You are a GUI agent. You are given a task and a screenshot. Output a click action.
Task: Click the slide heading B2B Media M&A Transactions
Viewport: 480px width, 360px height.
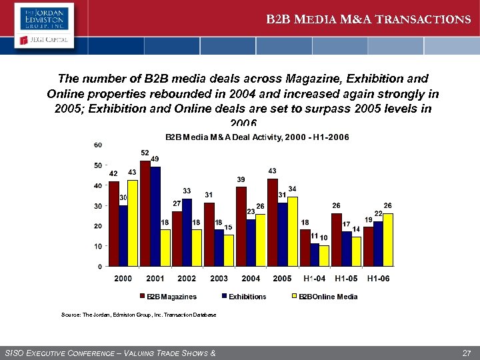(x=368, y=19)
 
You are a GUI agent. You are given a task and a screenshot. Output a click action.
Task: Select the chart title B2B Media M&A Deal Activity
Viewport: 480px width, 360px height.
(x=257, y=137)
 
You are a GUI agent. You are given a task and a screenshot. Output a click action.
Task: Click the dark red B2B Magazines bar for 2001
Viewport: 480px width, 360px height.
(x=145, y=213)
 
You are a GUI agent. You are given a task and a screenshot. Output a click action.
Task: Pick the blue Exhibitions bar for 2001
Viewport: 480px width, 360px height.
(x=155, y=217)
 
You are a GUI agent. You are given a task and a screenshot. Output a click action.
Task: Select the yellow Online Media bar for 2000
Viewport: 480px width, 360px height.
(x=132, y=223)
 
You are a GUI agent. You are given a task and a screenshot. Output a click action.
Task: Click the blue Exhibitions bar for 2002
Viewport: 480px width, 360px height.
(x=187, y=233)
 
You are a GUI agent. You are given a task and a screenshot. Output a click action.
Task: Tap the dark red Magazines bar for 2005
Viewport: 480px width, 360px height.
(x=272, y=223)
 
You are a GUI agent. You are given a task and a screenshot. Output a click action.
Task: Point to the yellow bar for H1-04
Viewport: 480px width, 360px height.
(x=324, y=256)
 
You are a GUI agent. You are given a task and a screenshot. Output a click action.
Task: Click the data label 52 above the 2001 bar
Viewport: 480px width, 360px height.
(x=145, y=153)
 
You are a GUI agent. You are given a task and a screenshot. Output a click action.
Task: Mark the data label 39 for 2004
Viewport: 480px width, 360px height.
(x=241, y=179)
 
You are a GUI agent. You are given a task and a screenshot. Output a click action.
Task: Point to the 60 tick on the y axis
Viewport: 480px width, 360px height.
(x=97, y=145)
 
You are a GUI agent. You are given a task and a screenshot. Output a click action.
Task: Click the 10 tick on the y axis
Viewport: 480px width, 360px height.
(x=97, y=246)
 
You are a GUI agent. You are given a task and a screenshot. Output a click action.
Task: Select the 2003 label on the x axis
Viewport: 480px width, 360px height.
(x=219, y=279)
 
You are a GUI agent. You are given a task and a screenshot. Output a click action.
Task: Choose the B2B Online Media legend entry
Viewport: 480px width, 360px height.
(x=327, y=297)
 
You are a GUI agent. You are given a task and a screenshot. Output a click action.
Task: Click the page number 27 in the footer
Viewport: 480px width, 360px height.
(x=466, y=352)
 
